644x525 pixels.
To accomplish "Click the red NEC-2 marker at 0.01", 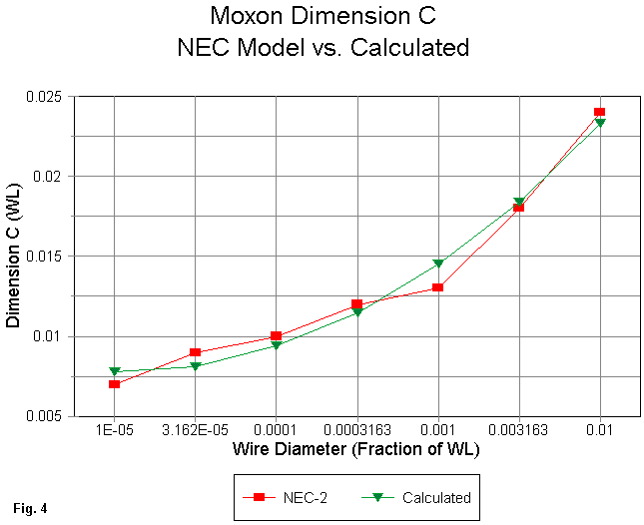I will pos(599,113).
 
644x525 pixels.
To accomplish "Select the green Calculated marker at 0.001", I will pos(437,264).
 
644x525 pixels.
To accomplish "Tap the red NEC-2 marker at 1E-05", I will pos(115,384).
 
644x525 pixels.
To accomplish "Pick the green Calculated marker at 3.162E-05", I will pos(196,366).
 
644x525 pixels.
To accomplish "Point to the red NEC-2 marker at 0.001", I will pos(437,287).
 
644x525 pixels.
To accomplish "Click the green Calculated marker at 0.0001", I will pos(277,345).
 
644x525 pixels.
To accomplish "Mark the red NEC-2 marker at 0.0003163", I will pos(356,303).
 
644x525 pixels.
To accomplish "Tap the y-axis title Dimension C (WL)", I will pos(14,258).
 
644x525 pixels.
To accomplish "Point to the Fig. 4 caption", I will pos(30,509).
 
